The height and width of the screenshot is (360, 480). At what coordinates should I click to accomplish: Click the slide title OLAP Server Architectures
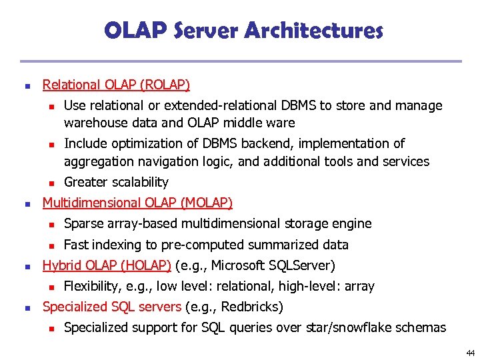click(243, 31)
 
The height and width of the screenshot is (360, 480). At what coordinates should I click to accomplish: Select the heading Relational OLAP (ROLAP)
click(116, 85)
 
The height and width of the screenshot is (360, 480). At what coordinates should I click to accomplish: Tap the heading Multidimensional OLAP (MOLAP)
click(137, 203)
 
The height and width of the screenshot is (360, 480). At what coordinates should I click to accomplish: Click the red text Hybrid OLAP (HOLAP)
click(107, 265)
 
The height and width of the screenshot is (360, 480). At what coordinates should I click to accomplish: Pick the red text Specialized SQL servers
click(112, 307)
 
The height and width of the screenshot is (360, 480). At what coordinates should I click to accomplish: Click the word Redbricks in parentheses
click(251, 307)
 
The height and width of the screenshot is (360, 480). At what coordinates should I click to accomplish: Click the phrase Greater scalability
click(116, 182)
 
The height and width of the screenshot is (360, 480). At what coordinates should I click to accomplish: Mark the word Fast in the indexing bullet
click(76, 245)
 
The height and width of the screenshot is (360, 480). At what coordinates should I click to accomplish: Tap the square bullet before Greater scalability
click(49, 183)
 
